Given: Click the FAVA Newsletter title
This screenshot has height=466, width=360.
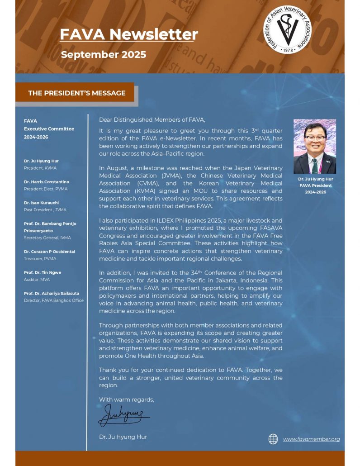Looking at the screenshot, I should coord(129,34).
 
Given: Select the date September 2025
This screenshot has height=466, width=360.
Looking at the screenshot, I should coord(104,55).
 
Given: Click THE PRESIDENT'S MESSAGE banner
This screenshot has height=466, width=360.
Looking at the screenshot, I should coord(77,93).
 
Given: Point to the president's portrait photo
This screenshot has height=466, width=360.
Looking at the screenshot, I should coord(315,147).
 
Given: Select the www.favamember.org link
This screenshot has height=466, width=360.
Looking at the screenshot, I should coord(311,439).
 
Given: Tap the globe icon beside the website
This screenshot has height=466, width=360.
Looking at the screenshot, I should coord(273,439).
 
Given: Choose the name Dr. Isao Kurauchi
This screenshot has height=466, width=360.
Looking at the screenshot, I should coord(41,203).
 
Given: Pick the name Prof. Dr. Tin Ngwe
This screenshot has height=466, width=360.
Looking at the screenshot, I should coord(43,272).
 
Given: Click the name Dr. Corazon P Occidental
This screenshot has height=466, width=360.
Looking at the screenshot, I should coord(50,252).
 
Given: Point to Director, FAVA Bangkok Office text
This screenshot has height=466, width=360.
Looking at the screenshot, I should coord(54,300).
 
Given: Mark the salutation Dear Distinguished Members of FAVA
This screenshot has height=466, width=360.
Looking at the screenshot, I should coord(152,120).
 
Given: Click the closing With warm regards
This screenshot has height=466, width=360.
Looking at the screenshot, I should coord(127,399).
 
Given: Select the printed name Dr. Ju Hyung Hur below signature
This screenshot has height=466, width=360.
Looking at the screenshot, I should coord(123,437).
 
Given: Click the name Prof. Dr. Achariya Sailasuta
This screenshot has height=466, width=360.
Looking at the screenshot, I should coord(51,293).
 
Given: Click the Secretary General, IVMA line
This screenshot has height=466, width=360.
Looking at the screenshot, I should coord(47,238).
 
